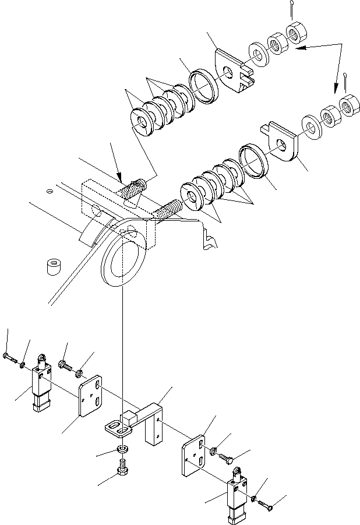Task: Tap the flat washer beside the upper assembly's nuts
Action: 256,54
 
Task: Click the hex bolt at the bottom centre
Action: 122,468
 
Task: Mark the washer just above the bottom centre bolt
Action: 122,450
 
